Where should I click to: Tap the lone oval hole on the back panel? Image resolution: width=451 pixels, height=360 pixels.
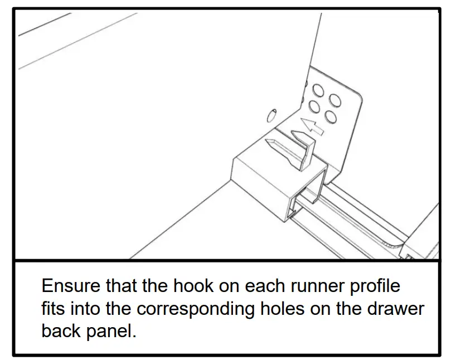271,116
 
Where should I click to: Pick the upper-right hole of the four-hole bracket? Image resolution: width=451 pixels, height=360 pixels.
334,101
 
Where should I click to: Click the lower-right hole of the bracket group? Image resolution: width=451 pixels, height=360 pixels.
330,118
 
